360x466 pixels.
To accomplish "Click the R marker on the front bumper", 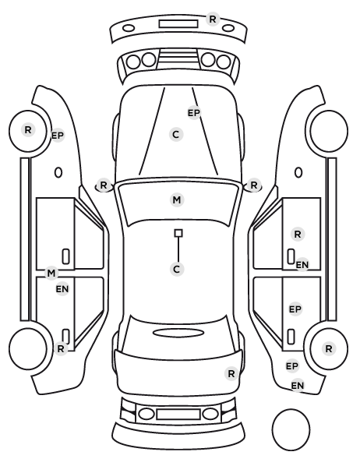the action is point(212,19).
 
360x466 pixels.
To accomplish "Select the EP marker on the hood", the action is point(194,113).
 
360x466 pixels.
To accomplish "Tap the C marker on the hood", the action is point(176,135).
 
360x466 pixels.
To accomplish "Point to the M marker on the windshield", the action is point(177,199).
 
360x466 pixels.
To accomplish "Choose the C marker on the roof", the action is point(177,270).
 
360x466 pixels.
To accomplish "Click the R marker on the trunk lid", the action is point(231,373).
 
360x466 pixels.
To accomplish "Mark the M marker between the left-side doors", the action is point(51,273).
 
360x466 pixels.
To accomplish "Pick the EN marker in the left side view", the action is point(62,289).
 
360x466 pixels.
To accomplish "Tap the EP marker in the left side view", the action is point(58,136).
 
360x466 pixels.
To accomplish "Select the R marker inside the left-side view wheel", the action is point(28,130).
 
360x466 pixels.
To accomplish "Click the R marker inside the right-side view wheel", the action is point(329,348).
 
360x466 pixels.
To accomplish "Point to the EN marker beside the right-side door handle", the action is point(302,264).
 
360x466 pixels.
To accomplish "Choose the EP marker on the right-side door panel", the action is point(295,309).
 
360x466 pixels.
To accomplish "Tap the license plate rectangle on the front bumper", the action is point(178,24).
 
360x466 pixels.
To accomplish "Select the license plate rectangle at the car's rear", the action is point(178,414).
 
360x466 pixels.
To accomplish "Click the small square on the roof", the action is point(178,233).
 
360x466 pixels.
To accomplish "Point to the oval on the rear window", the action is point(178,333).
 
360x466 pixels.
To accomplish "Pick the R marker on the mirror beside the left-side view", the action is point(103,185).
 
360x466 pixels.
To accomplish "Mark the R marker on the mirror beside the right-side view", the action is point(253,185).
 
